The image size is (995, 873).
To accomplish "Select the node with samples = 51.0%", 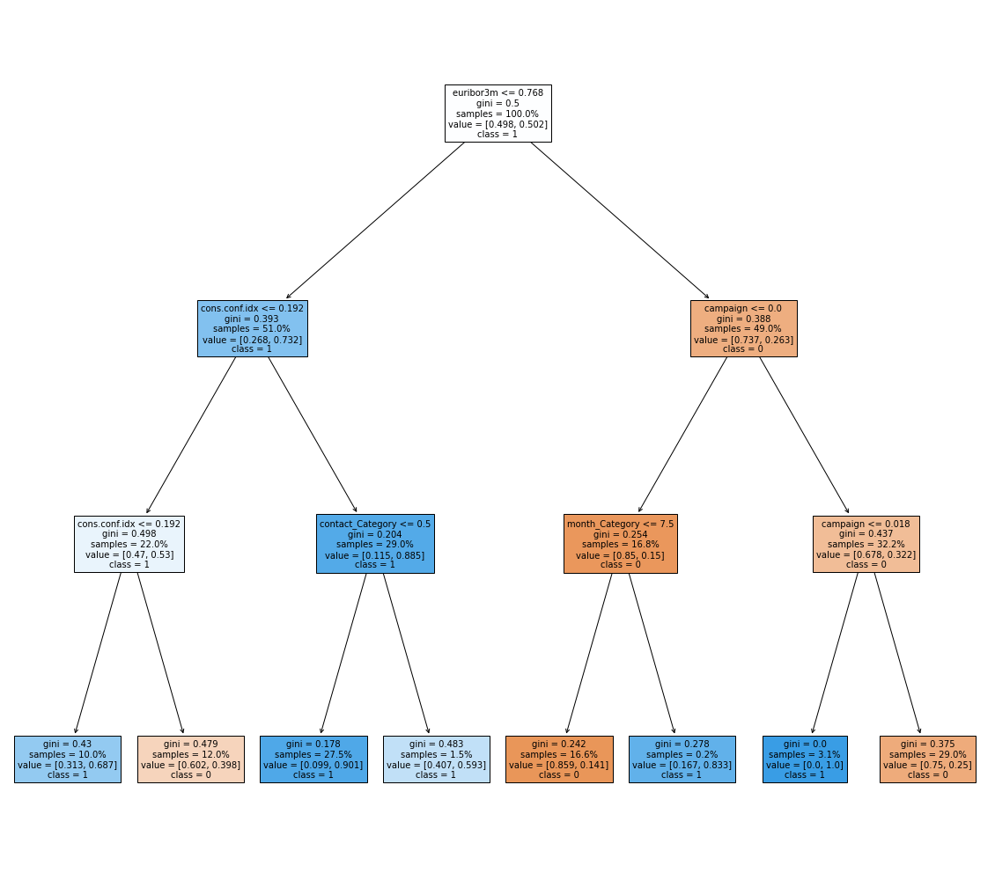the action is click(253, 328).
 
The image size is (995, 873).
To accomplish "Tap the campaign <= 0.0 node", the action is click(743, 328).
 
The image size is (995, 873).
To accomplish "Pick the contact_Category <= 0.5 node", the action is click(375, 544).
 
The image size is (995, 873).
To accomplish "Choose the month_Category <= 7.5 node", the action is click(621, 544).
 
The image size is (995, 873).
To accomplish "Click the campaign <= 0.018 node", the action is click(866, 544).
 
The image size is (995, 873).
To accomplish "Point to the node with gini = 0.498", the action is click(129, 544).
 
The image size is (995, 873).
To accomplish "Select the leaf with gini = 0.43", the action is click(68, 759).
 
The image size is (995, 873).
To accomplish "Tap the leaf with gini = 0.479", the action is click(191, 759).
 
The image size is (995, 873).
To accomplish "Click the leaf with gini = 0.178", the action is click(313, 759).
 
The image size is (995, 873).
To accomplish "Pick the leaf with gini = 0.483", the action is click(437, 759).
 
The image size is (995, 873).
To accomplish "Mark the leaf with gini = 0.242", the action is click(559, 759).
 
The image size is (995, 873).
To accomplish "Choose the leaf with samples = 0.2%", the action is click(682, 759).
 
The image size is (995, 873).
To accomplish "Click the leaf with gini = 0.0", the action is click(805, 759).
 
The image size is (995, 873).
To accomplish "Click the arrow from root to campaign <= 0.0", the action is click(620, 221).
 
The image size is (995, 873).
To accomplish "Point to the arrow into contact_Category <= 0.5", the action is click(313, 435).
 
